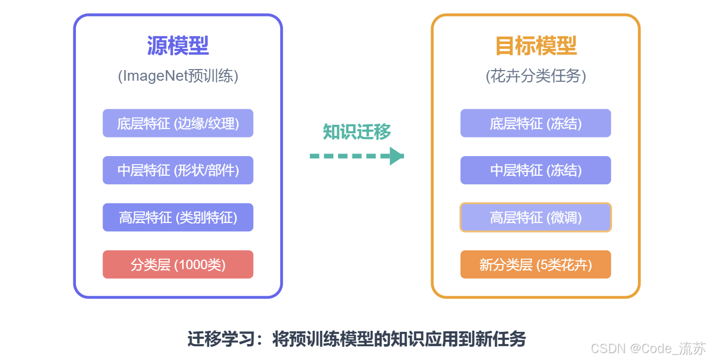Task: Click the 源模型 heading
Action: [x=178, y=46]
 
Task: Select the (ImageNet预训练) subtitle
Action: [x=178, y=76]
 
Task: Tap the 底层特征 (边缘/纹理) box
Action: [x=178, y=123]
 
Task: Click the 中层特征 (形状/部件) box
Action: [x=178, y=170]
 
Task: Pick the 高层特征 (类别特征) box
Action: [x=178, y=217]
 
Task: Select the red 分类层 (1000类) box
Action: [x=178, y=264]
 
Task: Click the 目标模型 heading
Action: [x=536, y=46]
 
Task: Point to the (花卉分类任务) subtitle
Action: [x=536, y=76]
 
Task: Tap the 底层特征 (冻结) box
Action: [x=536, y=123]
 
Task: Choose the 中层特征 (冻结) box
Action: [x=536, y=170]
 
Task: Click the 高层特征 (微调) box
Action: [x=536, y=217]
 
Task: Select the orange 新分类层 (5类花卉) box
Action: [x=536, y=264]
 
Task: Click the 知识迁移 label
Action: [x=357, y=132]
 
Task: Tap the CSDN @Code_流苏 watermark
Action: [x=648, y=348]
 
